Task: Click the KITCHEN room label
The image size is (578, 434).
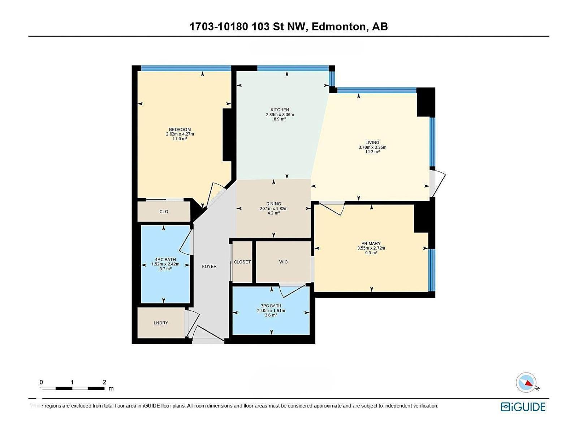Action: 280,110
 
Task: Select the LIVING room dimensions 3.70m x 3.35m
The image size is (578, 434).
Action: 372,147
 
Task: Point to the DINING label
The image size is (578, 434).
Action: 273,204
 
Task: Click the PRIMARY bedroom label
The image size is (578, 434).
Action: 371,244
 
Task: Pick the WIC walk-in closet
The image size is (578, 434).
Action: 283,262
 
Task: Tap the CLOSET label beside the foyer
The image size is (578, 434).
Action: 242,262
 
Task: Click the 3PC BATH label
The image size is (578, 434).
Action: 271,306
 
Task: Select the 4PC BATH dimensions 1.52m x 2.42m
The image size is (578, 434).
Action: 165,264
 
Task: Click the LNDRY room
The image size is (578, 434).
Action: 161,323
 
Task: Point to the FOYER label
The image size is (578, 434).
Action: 209,267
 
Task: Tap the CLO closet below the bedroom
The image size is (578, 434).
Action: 164,212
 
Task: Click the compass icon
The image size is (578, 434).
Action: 526,383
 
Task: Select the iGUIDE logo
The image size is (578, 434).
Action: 523,407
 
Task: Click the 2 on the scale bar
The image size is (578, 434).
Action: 104,382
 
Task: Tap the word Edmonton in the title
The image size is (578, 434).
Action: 338,27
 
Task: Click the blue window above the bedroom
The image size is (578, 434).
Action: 186,68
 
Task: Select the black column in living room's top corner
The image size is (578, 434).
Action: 426,102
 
